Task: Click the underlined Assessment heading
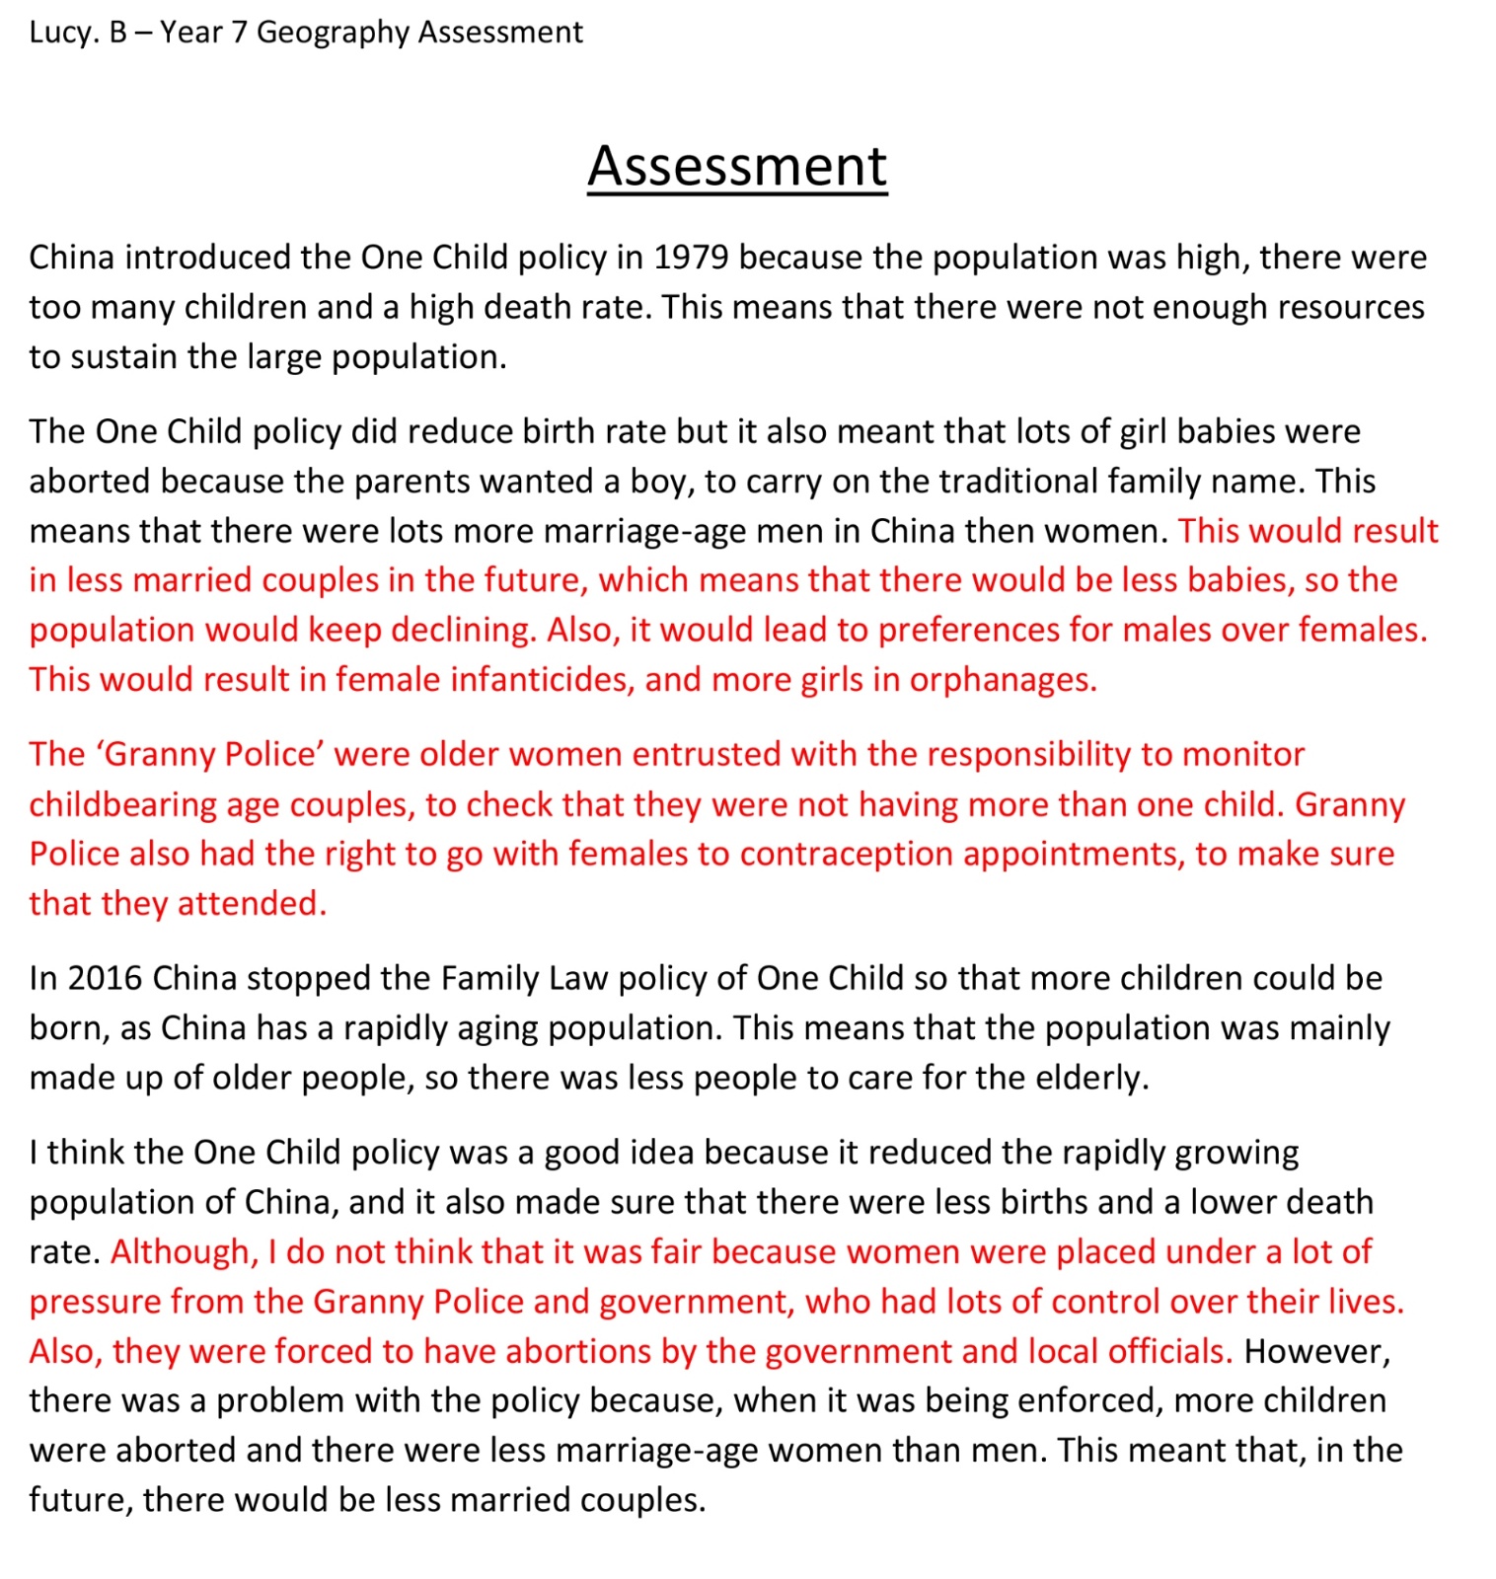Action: [737, 166]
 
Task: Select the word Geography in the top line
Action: [333, 33]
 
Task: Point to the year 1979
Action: [691, 258]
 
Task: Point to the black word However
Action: [1316, 1352]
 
